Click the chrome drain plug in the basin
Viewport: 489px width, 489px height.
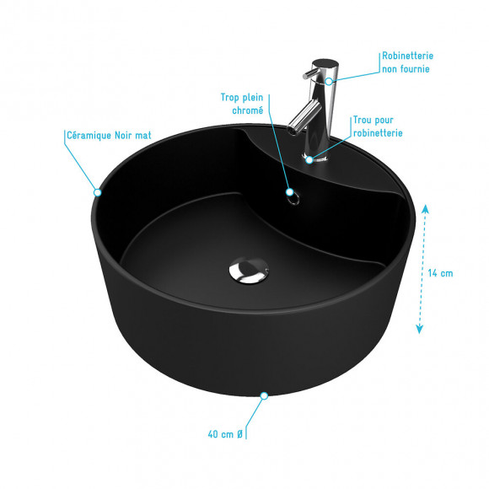click(x=249, y=271)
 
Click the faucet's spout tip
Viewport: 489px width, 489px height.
click(x=292, y=130)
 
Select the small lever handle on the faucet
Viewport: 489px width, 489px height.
click(x=310, y=74)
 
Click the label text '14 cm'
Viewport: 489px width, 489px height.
click(x=440, y=273)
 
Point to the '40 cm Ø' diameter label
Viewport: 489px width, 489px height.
click(x=225, y=434)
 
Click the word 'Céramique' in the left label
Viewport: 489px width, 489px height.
click(x=89, y=136)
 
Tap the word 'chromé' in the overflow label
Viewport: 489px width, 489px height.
click(x=248, y=110)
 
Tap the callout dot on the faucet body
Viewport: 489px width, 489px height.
click(x=329, y=82)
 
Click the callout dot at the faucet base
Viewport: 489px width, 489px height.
click(x=309, y=160)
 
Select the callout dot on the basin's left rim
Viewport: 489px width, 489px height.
click(x=98, y=192)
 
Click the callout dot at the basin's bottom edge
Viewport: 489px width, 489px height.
click(x=264, y=395)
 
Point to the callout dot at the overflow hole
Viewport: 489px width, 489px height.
click(x=290, y=191)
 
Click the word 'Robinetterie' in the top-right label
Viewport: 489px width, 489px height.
click(x=407, y=56)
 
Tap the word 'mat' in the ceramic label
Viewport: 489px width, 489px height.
click(x=143, y=136)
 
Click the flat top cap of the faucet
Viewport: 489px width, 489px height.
click(x=325, y=63)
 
